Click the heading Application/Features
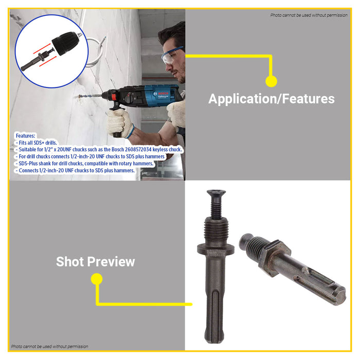[271, 99]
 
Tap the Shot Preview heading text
[95, 262]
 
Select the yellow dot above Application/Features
[272, 81]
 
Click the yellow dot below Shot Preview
[97, 279]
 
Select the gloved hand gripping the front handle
[119, 122]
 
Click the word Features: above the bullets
[25, 136]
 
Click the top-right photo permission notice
[309, 15]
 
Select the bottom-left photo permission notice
[50, 347]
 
